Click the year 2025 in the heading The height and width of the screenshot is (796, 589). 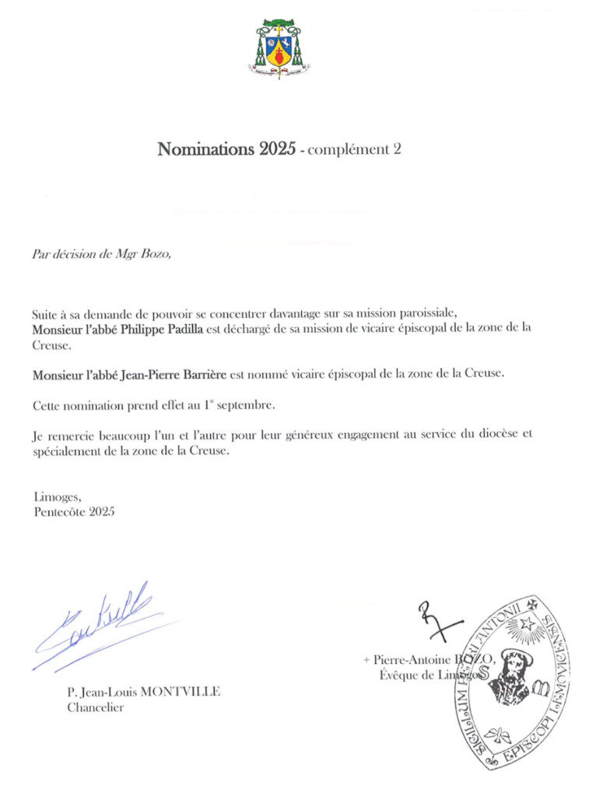tap(276, 149)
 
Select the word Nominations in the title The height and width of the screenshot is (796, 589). tap(206, 149)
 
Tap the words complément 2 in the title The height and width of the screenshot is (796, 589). tap(354, 150)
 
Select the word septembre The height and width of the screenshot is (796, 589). tap(248, 406)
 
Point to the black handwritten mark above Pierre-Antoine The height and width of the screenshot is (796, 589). tap(436, 620)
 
